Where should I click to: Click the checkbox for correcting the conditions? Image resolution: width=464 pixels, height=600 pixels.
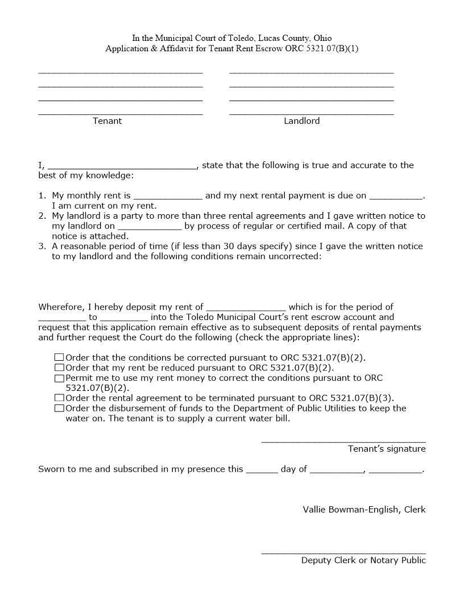(x=59, y=357)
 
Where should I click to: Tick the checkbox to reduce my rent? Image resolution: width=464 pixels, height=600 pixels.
(x=59, y=368)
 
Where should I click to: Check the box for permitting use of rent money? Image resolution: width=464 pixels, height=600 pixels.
(x=59, y=378)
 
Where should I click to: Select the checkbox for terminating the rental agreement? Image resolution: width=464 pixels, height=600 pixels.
(x=59, y=398)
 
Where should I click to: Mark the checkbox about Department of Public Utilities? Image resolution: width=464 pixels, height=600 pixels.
(x=59, y=409)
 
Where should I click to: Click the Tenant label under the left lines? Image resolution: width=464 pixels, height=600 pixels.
(x=107, y=121)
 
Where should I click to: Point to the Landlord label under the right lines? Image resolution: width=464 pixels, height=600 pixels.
(x=302, y=121)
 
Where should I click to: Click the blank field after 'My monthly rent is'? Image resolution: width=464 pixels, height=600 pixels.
(x=168, y=196)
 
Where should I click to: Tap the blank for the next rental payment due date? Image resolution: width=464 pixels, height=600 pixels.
(x=396, y=196)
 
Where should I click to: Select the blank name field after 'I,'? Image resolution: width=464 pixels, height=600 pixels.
(x=122, y=166)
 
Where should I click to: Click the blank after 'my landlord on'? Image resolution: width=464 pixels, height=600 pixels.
(x=150, y=226)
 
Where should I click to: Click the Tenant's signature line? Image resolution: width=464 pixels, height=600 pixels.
(x=343, y=440)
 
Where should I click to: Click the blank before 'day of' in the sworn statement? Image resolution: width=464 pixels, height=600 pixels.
(x=262, y=470)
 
